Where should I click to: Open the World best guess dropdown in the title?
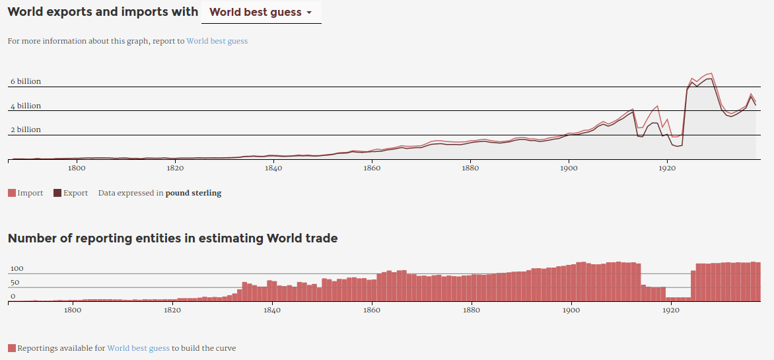tap(260, 13)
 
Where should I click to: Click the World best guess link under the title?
tap(217, 41)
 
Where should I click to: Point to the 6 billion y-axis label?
tap(25, 82)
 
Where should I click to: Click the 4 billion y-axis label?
tap(25, 106)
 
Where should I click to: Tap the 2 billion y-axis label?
tap(25, 130)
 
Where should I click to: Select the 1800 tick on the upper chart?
tap(77, 168)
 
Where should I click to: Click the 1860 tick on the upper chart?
tap(372, 168)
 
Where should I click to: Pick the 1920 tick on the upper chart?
tap(667, 168)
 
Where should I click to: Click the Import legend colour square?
tap(12, 193)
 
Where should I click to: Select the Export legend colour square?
tap(57, 193)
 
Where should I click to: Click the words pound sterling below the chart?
tap(193, 194)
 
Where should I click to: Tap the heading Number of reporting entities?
tap(172, 238)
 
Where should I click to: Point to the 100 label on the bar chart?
tap(17, 269)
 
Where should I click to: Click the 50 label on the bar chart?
tap(14, 283)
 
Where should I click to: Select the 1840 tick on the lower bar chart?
tap(272, 310)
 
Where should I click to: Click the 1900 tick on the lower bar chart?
tap(571, 310)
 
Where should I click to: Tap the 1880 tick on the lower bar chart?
tap(472, 310)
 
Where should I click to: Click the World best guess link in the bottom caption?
tap(138, 348)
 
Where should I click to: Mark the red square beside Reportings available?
tap(12, 348)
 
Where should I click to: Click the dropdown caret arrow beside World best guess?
tap(309, 13)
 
